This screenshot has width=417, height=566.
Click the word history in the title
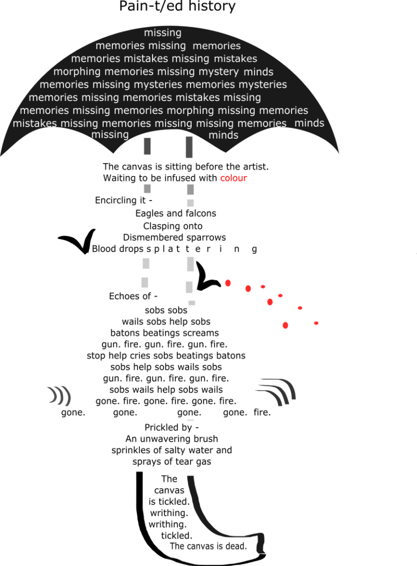pos(212,6)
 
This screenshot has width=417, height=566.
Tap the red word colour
pos(233,178)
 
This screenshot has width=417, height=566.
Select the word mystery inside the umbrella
pos(219,72)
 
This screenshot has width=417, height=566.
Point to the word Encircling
pos(120,201)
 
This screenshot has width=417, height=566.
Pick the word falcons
pos(201,213)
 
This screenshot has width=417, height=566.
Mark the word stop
pos(96,356)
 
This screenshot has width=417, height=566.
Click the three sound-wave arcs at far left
pos(59,396)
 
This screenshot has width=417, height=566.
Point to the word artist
pos(256,167)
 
